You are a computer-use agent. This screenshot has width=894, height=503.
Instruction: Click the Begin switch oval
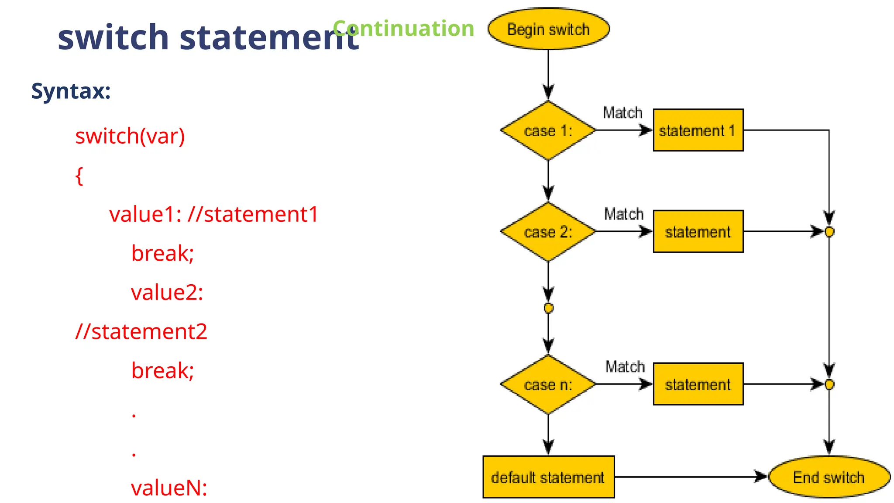[548, 29]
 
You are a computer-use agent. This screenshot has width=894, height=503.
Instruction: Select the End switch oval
[829, 477]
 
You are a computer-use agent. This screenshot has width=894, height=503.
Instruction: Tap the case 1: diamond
[548, 131]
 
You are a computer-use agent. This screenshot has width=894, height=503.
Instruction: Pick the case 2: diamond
[548, 232]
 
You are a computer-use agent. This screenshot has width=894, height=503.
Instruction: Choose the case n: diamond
[548, 385]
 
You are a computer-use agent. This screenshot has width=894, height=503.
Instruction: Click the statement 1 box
[698, 130]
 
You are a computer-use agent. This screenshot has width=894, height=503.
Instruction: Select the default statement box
[548, 477]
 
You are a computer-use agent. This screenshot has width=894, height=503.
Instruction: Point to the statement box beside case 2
[698, 231]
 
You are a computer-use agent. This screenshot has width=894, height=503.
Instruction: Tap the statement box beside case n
[698, 384]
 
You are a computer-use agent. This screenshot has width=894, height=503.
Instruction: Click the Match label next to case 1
[622, 113]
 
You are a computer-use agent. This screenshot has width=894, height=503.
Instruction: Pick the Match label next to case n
[625, 366]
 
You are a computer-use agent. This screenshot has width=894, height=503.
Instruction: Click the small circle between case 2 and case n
[549, 308]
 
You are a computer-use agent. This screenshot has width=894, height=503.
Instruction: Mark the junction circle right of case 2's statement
[829, 232]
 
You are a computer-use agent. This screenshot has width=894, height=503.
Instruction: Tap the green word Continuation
[403, 28]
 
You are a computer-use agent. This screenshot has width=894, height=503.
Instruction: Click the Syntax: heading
[71, 91]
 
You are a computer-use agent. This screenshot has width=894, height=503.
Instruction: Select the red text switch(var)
[130, 136]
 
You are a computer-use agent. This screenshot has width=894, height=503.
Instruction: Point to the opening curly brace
[79, 176]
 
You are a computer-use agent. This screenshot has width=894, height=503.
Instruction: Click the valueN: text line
[169, 488]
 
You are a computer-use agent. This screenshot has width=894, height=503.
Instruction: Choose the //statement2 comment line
[141, 331]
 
